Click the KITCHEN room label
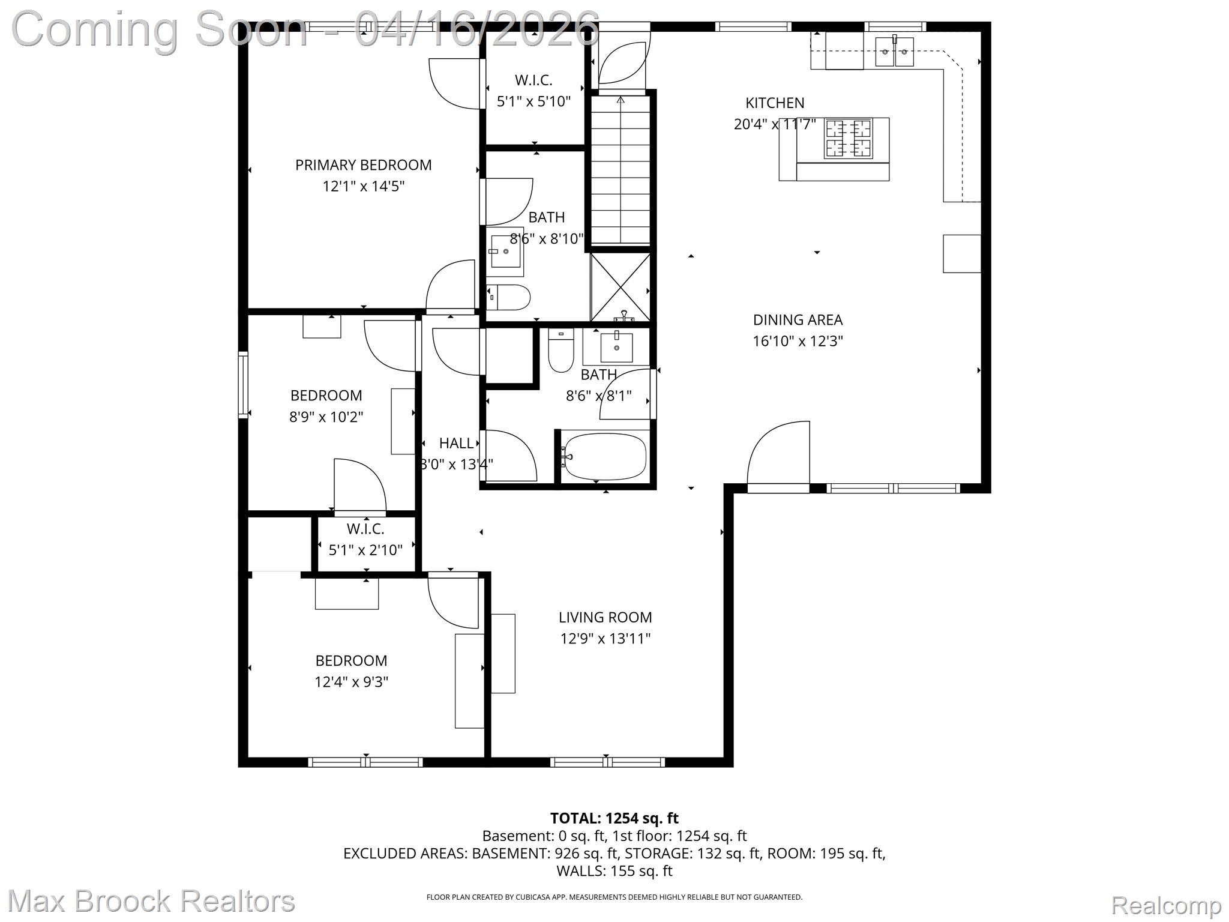click(x=775, y=103)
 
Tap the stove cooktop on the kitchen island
click(x=848, y=139)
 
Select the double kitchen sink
click(x=895, y=52)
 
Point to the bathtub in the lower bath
click(x=605, y=457)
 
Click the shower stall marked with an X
click(x=621, y=288)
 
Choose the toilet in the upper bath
click(x=509, y=297)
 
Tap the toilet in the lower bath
click(x=560, y=354)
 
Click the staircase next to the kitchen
click(x=621, y=171)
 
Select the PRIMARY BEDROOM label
click(x=363, y=165)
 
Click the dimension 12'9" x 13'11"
click(x=605, y=639)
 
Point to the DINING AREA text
click(x=798, y=320)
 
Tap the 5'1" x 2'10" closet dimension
click(x=365, y=550)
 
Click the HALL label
click(x=456, y=443)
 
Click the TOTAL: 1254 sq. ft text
click(x=614, y=818)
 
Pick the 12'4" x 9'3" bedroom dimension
click(x=351, y=682)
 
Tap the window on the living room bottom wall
click(x=607, y=762)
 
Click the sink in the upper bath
click(x=505, y=252)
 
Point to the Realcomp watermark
click(x=1166, y=905)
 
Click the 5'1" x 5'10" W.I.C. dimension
click(x=533, y=101)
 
